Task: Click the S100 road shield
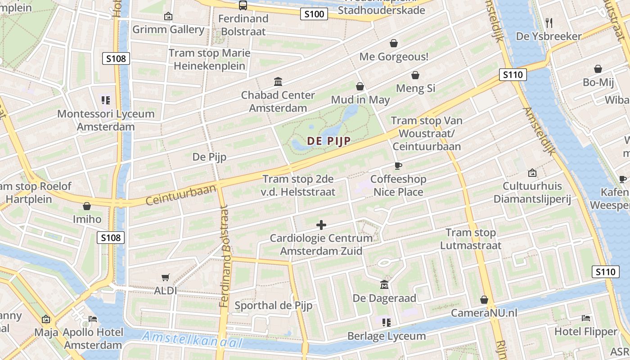[x=314, y=14]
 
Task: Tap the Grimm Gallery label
[x=168, y=30]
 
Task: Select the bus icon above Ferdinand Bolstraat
[x=243, y=5]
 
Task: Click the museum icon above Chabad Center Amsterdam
[x=278, y=82]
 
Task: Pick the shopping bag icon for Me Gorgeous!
[x=394, y=43]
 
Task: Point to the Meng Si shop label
[x=415, y=88]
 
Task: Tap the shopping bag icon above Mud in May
[x=360, y=86]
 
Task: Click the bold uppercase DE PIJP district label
[x=328, y=141]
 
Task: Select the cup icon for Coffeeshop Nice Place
[x=398, y=166]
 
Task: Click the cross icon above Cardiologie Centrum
[x=321, y=225]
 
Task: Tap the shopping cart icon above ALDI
[x=166, y=278]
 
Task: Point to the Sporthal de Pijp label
[x=273, y=306]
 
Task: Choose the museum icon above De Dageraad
[x=384, y=284]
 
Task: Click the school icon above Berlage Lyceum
[x=386, y=322]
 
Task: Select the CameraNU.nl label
[x=484, y=313]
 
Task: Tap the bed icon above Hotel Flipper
[x=586, y=318]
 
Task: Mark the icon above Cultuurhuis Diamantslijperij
[x=532, y=173]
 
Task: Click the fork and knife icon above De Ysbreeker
[x=549, y=22]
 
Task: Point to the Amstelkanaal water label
[x=192, y=340]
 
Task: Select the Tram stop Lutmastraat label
[x=471, y=239]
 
